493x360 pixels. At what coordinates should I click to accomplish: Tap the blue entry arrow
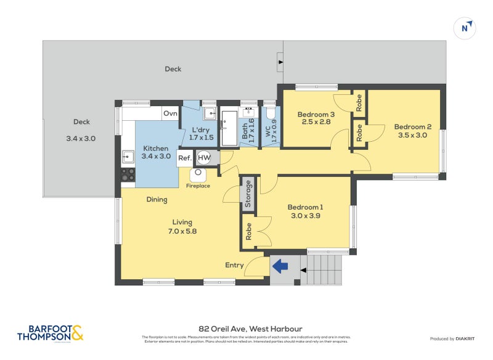pyautogui.click(x=281, y=266)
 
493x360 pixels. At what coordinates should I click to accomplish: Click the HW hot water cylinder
pyautogui.click(x=204, y=158)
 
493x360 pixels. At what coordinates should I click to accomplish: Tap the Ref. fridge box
pyautogui.click(x=184, y=158)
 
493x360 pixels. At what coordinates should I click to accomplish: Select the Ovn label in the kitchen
pyautogui.click(x=171, y=113)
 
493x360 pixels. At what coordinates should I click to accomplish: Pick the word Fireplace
pyautogui.click(x=198, y=186)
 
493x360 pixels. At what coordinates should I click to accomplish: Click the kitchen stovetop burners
pyautogui.click(x=128, y=174)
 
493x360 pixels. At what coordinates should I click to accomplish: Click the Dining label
pyautogui.click(x=157, y=200)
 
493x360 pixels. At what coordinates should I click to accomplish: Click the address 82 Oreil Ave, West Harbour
pyautogui.click(x=250, y=329)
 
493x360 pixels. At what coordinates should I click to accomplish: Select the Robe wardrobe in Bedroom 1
pyautogui.click(x=248, y=232)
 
